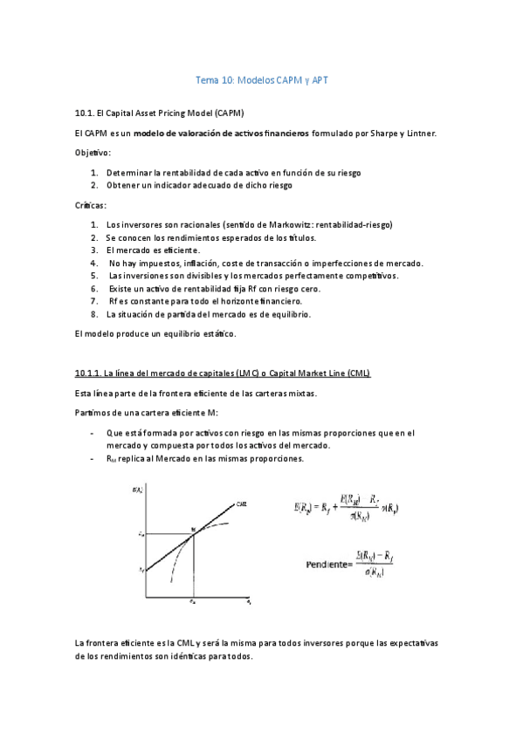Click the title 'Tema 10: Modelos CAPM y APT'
(261, 81)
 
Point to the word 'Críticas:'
(91, 205)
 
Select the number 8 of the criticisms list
(93, 314)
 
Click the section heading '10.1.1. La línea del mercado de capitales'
(223, 373)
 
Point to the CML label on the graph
(242, 504)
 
